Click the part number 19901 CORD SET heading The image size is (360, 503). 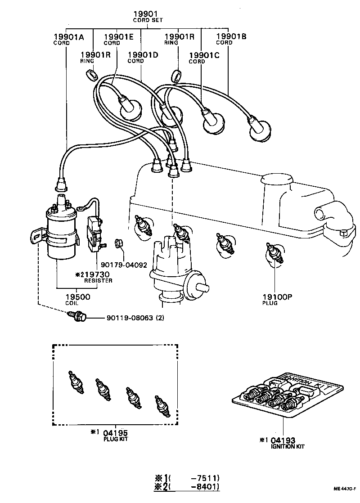[x=148, y=17]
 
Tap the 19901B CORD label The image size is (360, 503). [x=231, y=40]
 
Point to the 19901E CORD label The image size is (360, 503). [x=119, y=40]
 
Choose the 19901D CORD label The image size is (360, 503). [x=142, y=57]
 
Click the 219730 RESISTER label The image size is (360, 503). [x=95, y=276]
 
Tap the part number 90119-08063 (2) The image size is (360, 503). [x=135, y=318]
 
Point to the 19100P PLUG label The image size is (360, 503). [x=277, y=299]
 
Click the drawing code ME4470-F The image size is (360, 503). [x=345, y=489]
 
